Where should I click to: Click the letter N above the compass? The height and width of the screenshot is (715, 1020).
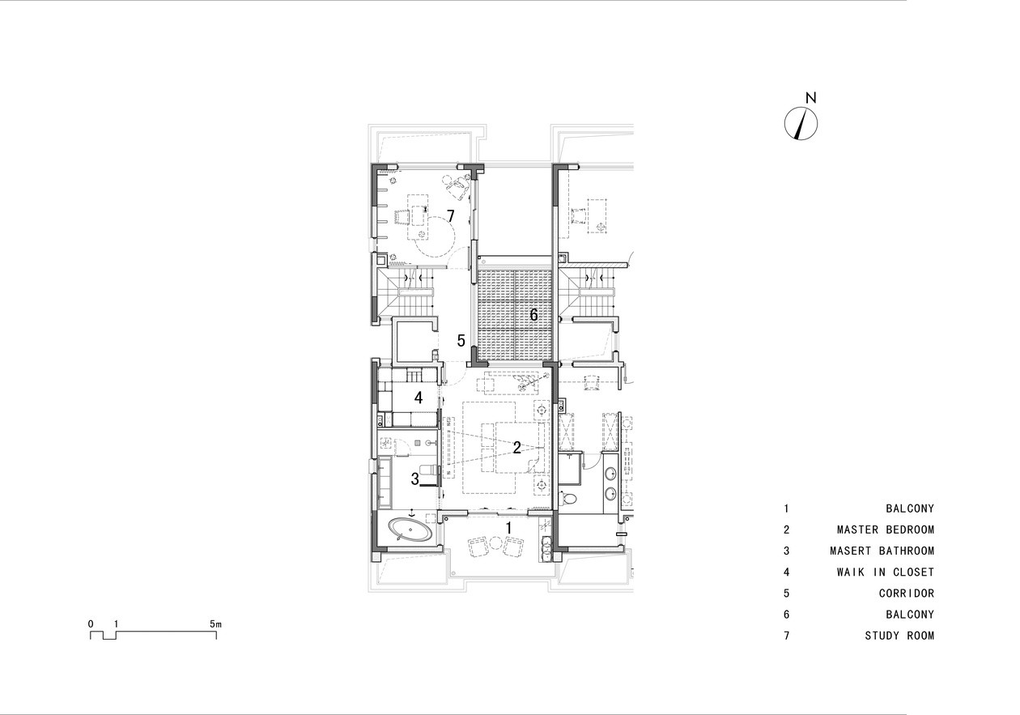(811, 97)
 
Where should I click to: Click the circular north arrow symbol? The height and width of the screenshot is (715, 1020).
(801, 123)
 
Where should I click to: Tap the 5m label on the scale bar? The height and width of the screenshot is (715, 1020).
(215, 624)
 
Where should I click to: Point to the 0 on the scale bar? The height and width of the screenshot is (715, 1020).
(91, 624)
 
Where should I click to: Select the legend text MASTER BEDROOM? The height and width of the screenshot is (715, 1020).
(886, 530)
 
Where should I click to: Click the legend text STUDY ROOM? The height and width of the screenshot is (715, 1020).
(900, 636)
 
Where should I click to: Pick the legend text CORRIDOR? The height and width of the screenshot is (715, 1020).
(907, 594)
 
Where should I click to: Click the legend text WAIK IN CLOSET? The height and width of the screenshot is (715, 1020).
(886, 572)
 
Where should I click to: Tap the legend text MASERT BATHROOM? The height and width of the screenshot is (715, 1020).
(882, 551)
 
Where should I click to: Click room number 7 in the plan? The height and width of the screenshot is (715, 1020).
(451, 216)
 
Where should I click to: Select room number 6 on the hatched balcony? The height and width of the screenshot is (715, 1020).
(533, 315)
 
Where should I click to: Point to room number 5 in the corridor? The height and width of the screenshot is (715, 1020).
(461, 341)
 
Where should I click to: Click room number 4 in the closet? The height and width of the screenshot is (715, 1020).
(419, 398)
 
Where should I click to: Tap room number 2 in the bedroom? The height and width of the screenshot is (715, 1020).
(516, 448)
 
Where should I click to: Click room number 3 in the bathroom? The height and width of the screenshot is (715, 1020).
(414, 479)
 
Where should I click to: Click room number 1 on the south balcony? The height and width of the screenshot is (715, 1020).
(509, 528)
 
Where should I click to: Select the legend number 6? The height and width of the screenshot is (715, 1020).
(786, 615)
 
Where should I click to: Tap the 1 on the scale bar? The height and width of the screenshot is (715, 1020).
(116, 624)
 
